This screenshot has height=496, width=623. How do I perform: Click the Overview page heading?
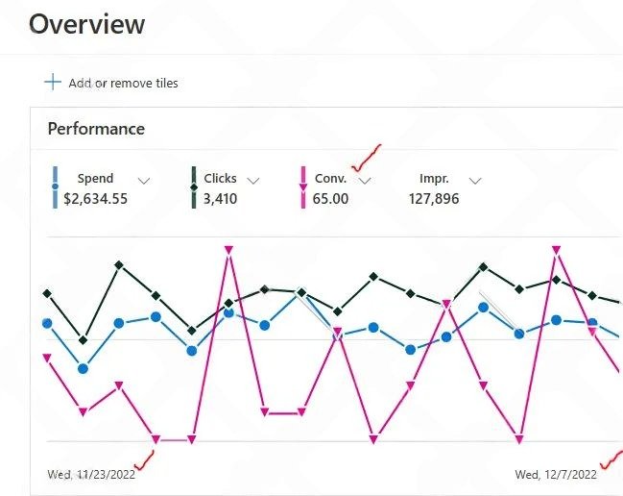coord(87,24)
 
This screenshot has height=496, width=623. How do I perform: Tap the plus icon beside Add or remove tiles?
coord(53,82)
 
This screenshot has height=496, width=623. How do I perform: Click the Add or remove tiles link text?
coord(123,83)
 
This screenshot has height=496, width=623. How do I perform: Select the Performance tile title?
coord(96,129)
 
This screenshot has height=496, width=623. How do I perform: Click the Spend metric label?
coord(95,178)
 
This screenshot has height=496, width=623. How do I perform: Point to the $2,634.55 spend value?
coord(95,199)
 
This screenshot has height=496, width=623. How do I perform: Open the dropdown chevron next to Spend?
coord(144,180)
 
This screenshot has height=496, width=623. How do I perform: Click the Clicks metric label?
coord(220,178)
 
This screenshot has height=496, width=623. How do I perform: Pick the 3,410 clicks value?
coord(220,199)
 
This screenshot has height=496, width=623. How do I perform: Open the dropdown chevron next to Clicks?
coord(253,180)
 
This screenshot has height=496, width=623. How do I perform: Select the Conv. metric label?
coord(330,178)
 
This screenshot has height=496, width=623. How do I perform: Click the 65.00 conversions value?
coord(330,199)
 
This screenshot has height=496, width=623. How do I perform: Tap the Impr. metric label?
coord(435,178)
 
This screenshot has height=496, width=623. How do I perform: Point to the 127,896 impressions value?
coord(433,199)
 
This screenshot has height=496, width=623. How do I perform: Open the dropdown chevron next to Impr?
coord(474,180)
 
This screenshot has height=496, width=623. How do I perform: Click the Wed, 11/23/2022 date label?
coord(91,473)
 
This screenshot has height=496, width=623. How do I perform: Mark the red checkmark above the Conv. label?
coord(366,157)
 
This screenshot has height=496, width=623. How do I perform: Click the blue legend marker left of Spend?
coord(55,187)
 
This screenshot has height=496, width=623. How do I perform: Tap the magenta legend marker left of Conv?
coord(304,187)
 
